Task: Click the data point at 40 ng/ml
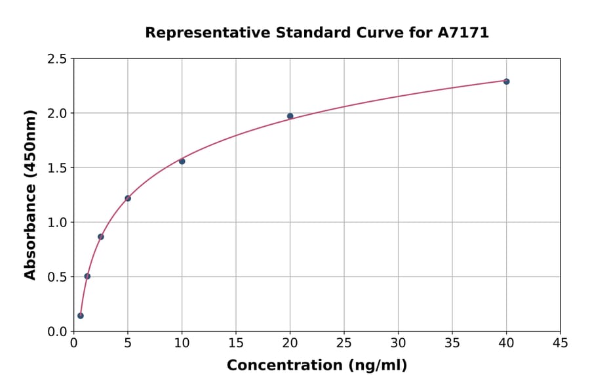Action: (x=506, y=81)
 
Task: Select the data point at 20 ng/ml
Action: (x=290, y=116)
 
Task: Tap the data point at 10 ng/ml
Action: (x=182, y=161)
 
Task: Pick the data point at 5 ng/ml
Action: (x=128, y=198)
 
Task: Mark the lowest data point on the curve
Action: (x=81, y=316)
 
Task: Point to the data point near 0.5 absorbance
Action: (x=87, y=276)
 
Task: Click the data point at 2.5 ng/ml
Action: (x=101, y=236)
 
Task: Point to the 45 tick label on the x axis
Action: (x=560, y=343)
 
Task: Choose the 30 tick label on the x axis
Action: (x=398, y=343)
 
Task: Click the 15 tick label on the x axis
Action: (x=236, y=343)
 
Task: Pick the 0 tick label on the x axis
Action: (x=74, y=343)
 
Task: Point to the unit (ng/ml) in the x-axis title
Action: (x=377, y=365)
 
